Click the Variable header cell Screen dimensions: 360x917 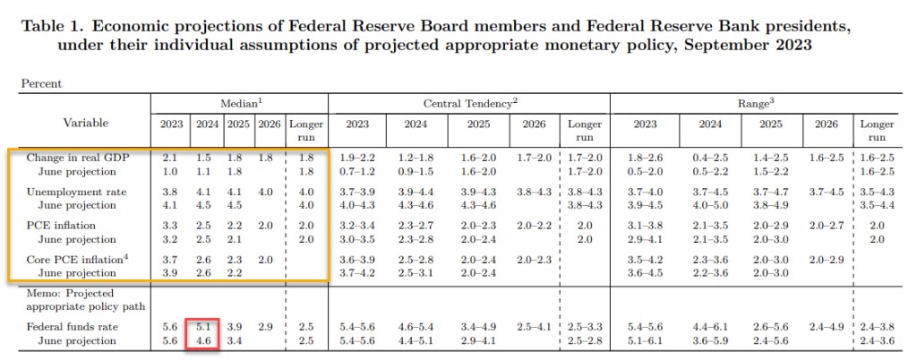(86, 123)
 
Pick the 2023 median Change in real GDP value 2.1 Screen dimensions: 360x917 (169, 158)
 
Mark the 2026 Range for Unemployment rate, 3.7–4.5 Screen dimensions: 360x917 (826, 192)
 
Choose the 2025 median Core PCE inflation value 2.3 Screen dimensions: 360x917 (235, 261)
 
